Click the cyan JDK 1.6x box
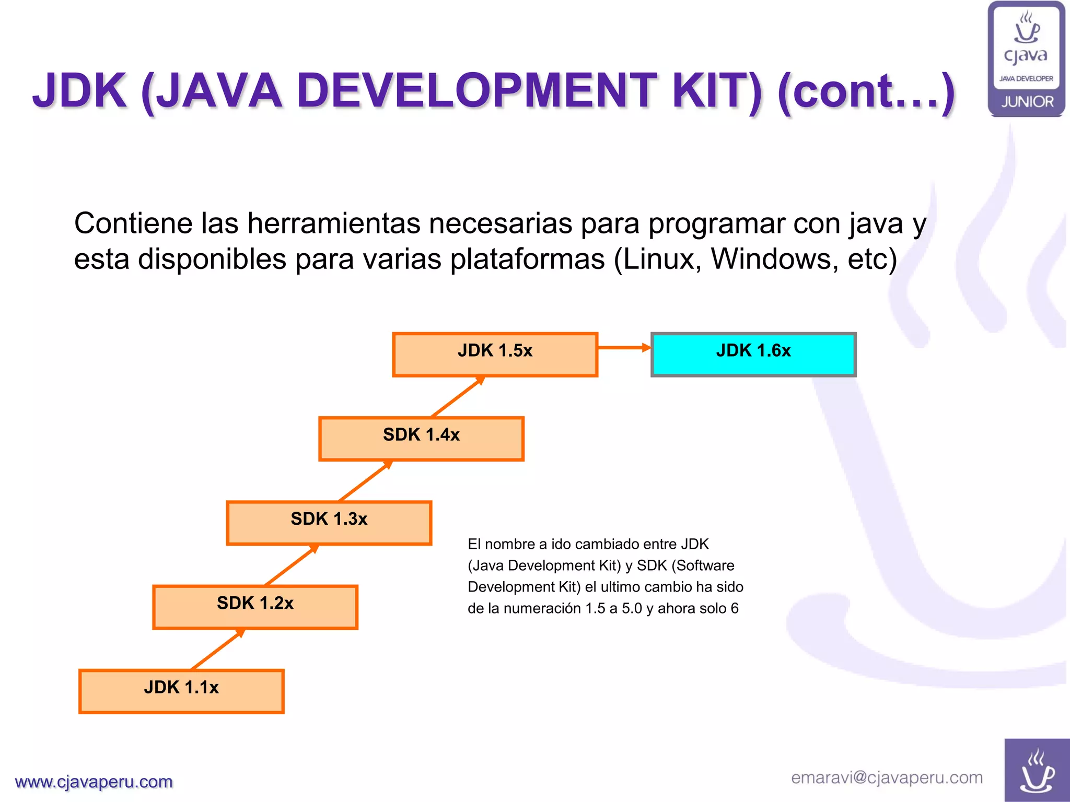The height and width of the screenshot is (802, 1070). [x=753, y=354]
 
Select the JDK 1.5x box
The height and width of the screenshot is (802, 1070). [x=495, y=354]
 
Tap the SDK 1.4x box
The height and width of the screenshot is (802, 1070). [x=421, y=439]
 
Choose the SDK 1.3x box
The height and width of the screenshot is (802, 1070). [x=329, y=523]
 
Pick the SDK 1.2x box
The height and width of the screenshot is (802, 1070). [x=255, y=607]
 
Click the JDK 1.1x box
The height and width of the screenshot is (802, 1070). [x=181, y=691]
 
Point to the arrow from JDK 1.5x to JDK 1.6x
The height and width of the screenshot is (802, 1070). [x=624, y=347]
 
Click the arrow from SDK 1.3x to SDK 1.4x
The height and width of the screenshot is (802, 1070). [x=365, y=481]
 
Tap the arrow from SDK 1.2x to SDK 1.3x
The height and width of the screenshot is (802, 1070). [x=292, y=565]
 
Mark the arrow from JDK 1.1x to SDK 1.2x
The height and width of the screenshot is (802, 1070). [x=218, y=649]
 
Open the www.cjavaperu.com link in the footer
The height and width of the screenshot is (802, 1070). [x=94, y=782]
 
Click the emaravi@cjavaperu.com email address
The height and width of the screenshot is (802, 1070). [x=887, y=777]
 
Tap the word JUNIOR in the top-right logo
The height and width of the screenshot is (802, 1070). [x=1027, y=102]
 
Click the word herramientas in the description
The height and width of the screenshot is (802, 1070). [x=334, y=223]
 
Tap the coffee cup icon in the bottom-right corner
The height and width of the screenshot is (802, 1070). [x=1037, y=771]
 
